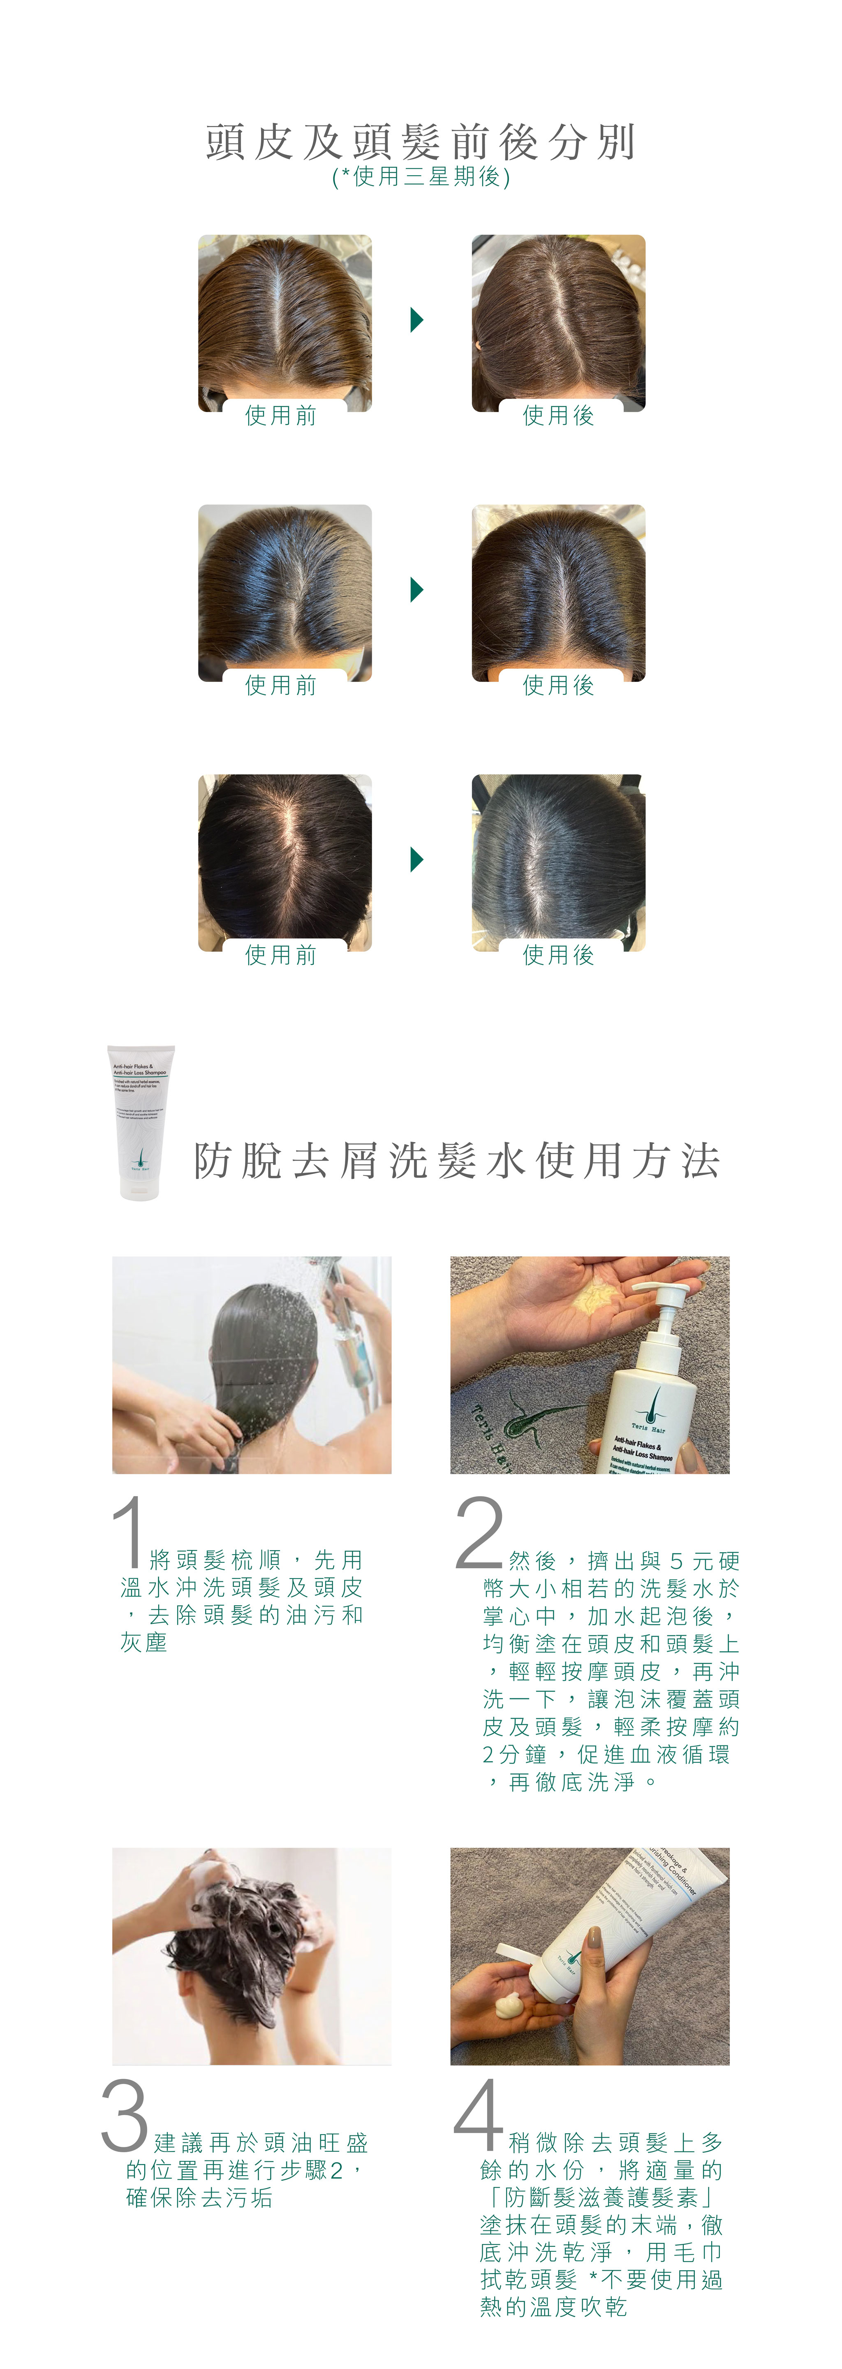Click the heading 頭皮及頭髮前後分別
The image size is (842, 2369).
[421, 143]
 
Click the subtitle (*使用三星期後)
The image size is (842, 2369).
[421, 176]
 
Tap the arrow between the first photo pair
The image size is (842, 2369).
[416, 320]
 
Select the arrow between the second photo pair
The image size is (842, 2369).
[416, 589]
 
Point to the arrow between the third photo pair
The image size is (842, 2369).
[416, 860]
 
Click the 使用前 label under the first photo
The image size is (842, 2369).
[281, 416]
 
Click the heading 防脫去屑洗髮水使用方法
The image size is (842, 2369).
[457, 1161]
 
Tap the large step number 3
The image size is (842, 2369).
[125, 2115]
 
